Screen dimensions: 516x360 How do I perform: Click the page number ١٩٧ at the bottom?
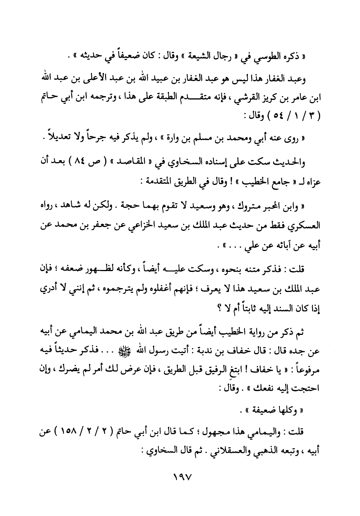click(180, 476)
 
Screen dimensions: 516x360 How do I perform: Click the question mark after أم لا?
click(209, 308)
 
